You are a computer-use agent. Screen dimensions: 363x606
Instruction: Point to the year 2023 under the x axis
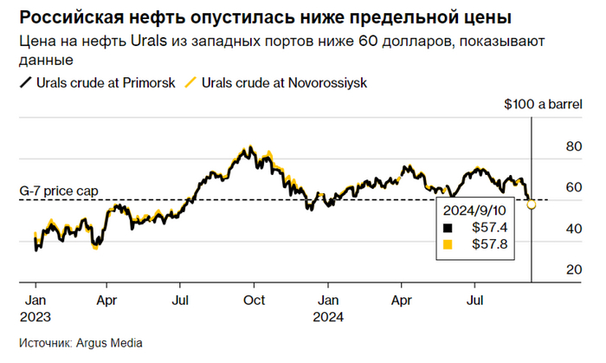[34, 316]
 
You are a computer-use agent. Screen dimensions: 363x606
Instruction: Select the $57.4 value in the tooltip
[487, 228]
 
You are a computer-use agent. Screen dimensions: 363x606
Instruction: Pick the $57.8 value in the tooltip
[487, 244]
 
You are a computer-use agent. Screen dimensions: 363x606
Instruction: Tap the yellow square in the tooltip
[448, 244]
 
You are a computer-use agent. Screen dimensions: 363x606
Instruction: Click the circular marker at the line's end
[532, 204]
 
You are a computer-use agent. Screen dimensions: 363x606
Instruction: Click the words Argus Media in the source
[106, 342]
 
